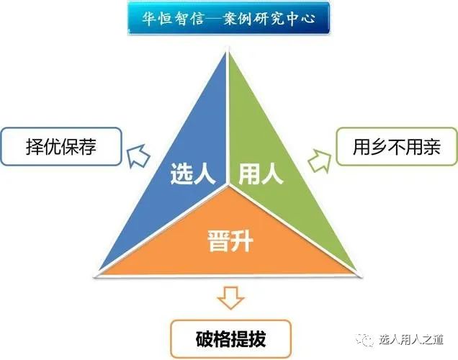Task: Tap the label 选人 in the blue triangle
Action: point(193,174)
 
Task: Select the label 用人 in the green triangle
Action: point(260,174)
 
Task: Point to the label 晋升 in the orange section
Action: point(229,240)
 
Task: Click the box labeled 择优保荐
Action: point(60,148)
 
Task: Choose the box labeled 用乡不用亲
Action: point(396,148)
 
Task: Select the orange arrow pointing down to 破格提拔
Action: point(230,297)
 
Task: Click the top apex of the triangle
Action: point(229,51)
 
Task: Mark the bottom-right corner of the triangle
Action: point(358,274)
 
